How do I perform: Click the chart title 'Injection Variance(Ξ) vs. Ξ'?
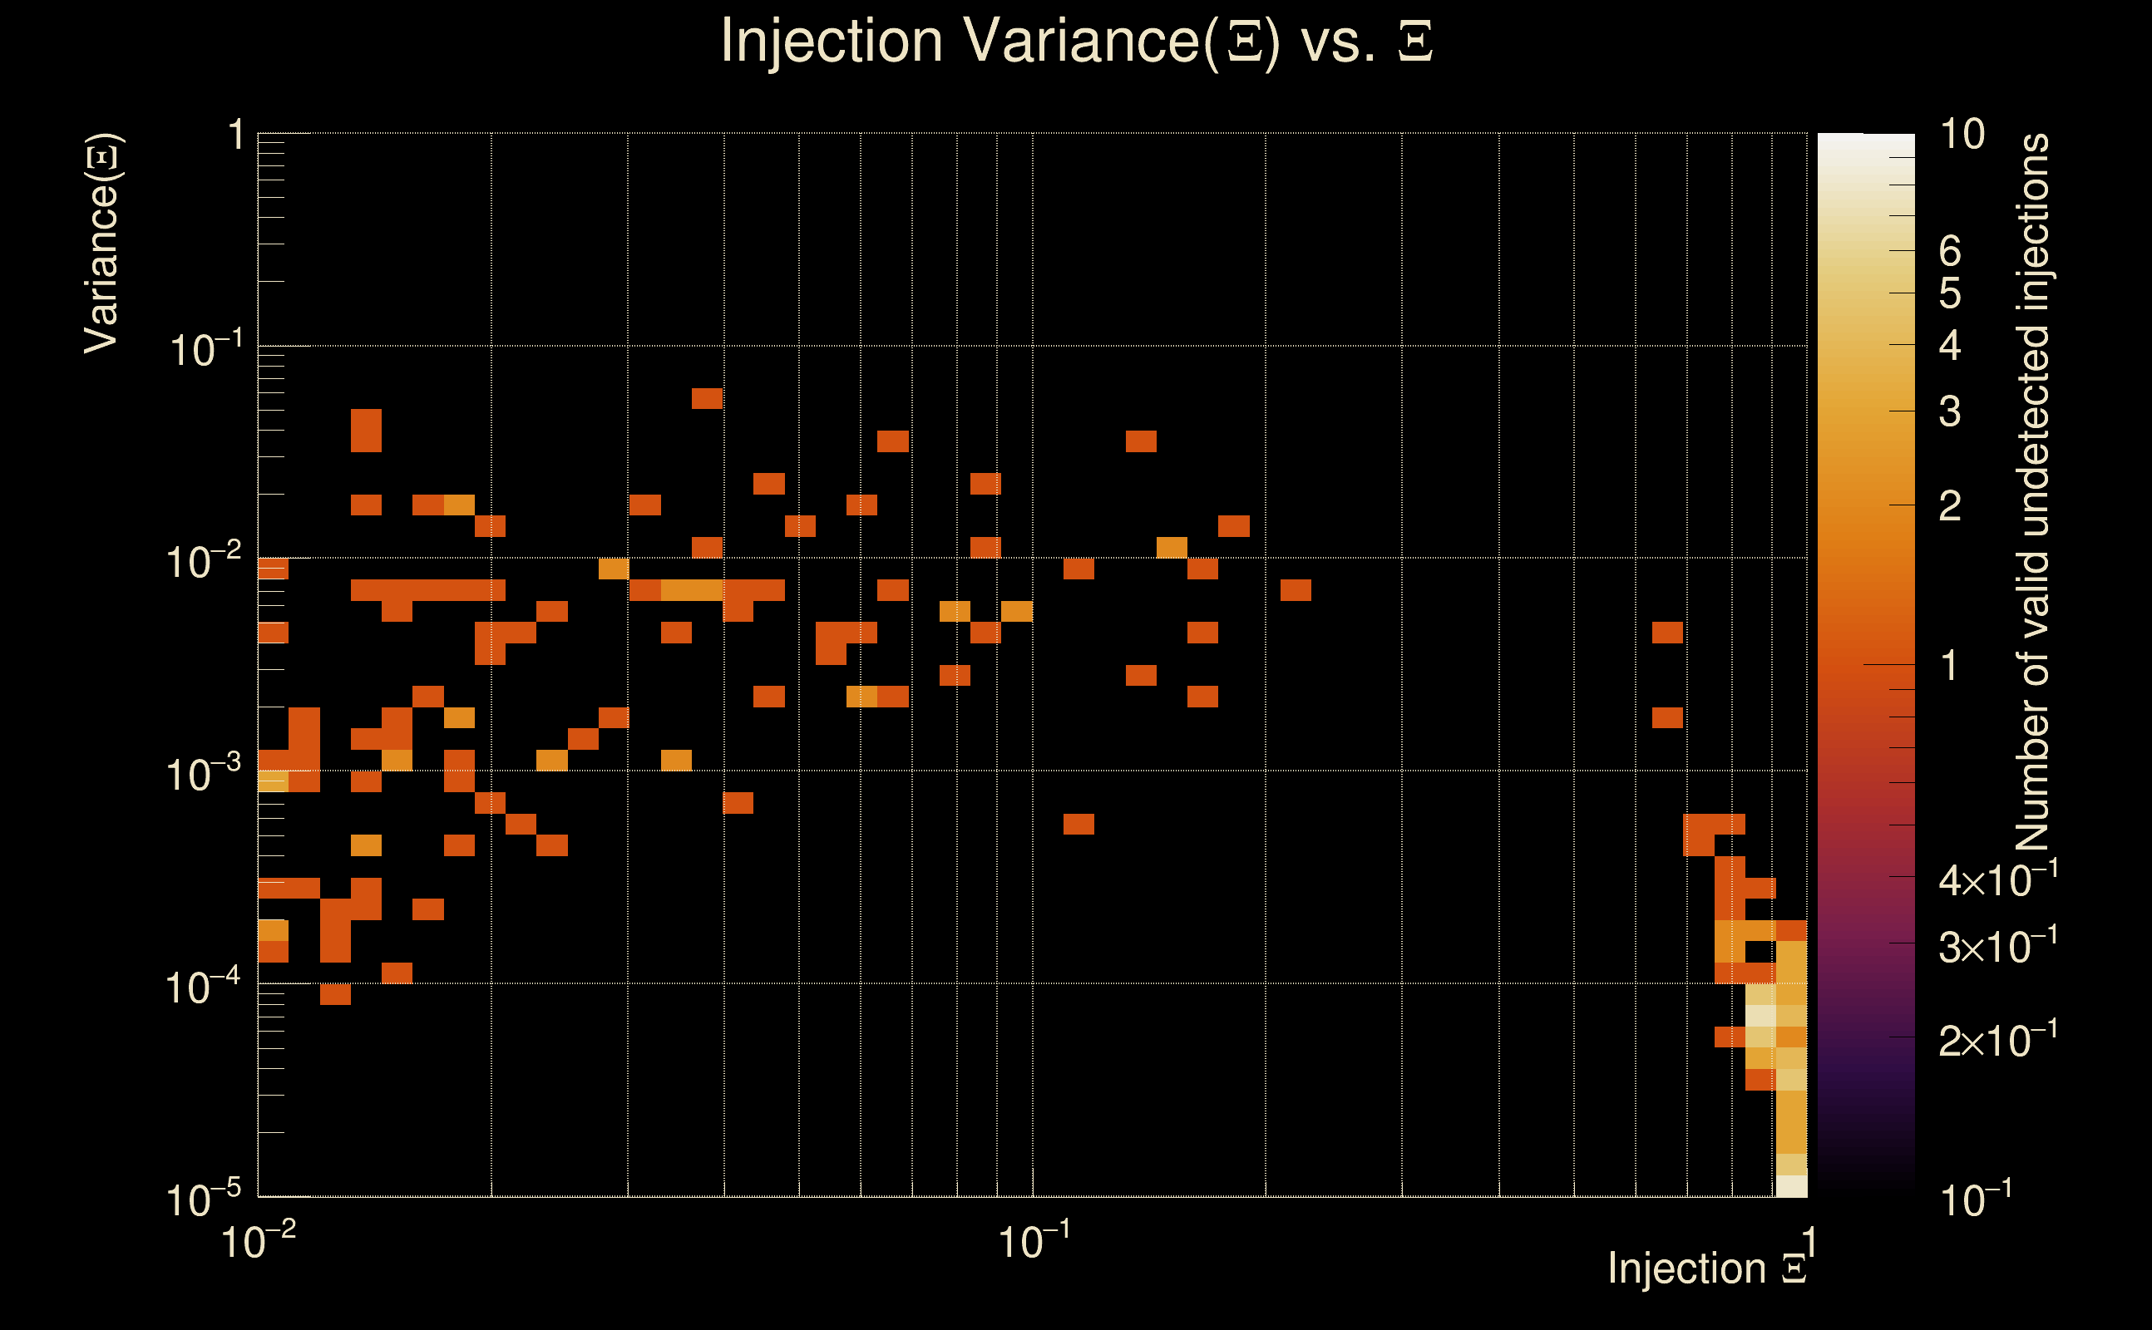tap(1076, 42)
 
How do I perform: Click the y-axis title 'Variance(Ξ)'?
tap(103, 244)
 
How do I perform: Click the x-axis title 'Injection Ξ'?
tap(1706, 1268)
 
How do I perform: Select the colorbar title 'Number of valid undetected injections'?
tap(2032, 493)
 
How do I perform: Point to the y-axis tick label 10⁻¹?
tap(205, 349)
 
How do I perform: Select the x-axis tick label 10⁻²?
tap(258, 1241)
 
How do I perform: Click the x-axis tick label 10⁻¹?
tap(1034, 1241)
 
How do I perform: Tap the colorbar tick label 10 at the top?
tap(1961, 135)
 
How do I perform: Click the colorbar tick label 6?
tap(1950, 252)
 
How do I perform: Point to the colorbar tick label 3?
tap(1950, 411)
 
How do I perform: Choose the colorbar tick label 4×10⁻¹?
tap(1997, 879)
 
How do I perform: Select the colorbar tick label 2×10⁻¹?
tap(1997, 1040)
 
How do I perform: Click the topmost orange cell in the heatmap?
tap(707, 398)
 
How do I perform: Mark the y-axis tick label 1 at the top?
tap(235, 136)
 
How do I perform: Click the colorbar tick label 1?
tap(1950, 665)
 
